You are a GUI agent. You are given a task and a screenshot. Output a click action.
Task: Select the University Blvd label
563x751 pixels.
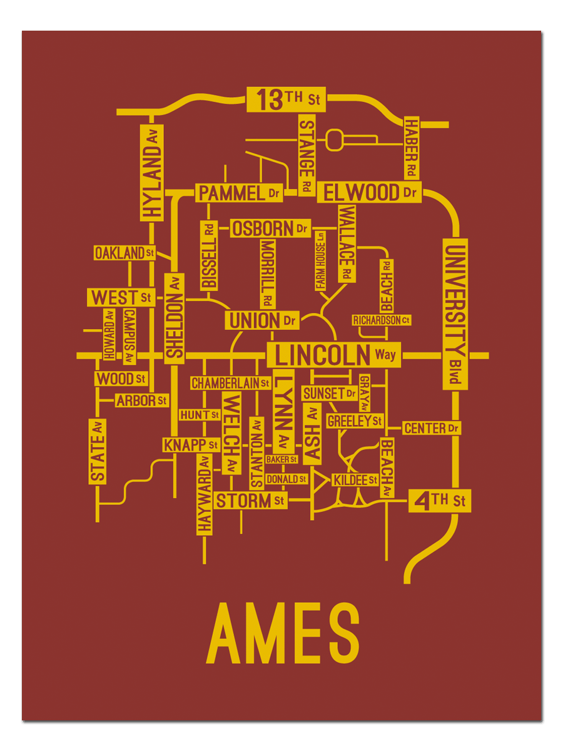(x=455, y=314)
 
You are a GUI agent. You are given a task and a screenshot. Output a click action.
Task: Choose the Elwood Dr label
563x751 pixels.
(x=369, y=192)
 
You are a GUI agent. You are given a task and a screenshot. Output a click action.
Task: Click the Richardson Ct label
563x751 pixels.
(x=381, y=320)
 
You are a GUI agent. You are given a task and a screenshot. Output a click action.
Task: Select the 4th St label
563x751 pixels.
(x=440, y=501)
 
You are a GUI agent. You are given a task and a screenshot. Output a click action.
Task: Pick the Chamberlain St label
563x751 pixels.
(x=230, y=383)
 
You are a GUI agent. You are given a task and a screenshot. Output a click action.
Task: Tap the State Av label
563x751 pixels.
(x=98, y=451)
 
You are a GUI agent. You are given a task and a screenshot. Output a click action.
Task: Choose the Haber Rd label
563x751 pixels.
(x=411, y=148)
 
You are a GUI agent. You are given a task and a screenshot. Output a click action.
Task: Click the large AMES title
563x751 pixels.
(x=283, y=633)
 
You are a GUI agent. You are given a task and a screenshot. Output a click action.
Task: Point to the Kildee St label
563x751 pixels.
(x=355, y=480)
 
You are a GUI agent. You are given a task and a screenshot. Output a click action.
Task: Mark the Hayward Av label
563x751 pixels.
(x=205, y=494)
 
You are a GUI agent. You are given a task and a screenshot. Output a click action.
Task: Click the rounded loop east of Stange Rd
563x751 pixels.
(x=335, y=139)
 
